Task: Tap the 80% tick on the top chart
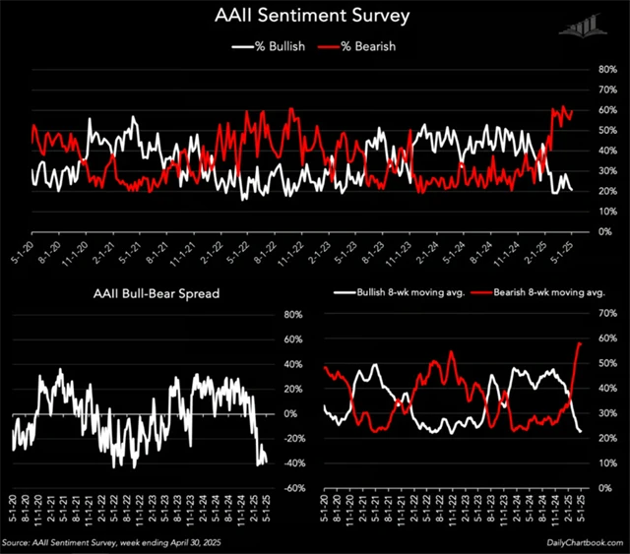(x=607, y=71)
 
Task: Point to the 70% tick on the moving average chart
(x=607, y=315)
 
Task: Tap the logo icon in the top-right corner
(x=581, y=27)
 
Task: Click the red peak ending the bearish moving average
(x=580, y=342)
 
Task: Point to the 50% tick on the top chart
(x=607, y=131)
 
